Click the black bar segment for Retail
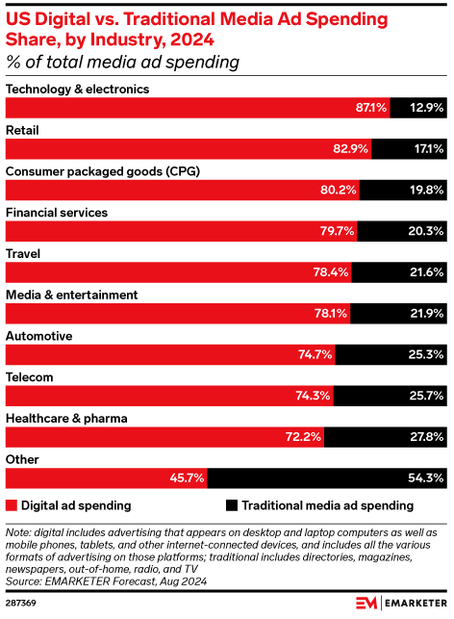point(409,149)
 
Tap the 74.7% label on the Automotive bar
point(315,355)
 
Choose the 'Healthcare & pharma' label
point(67,419)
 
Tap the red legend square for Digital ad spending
point(12,504)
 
